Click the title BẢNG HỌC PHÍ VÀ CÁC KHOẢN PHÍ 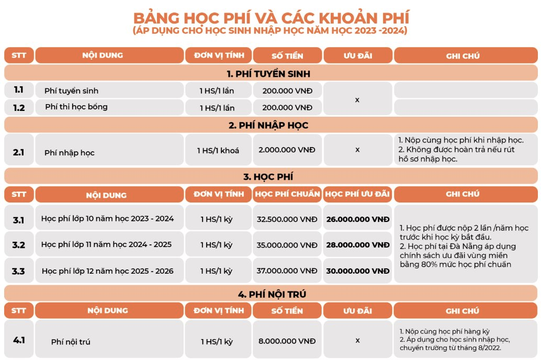tap(270, 17)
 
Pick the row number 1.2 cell tap(19, 107)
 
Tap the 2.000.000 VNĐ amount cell tap(287, 150)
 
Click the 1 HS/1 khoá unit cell tap(218, 150)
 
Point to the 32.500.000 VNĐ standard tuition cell tap(287, 219)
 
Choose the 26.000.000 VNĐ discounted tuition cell tap(357, 219)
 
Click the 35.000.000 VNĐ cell tap(287, 244)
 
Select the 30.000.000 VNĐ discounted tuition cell tap(357, 271)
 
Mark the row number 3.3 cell tap(19, 271)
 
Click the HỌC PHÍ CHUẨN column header tap(287, 195)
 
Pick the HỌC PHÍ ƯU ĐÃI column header tap(357, 195)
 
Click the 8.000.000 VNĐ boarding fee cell tap(287, 341)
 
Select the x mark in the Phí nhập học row tap(357, 150)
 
